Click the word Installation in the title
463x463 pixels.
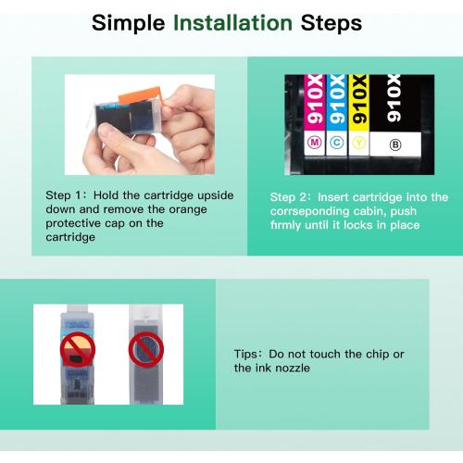[x=232, y=23]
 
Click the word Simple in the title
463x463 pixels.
[x=129, y=24]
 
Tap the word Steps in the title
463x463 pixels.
[x=332, y=24]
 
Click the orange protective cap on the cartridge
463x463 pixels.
[x=141, y=95]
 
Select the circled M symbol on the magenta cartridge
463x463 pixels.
[x=315, y=143]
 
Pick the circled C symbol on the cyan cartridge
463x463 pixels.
[x=336, y=143]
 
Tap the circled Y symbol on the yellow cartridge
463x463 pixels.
[x=358, y=143]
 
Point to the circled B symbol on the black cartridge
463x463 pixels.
[x=395, y=144]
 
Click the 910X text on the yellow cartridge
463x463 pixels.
[x=359, y=99]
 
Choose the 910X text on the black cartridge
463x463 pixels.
[x=394, y=98]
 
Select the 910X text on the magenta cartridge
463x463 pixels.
[x=315, y=99]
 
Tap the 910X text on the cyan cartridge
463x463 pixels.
[x=337, y=99]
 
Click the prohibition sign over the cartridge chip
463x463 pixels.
[x=78, y=349]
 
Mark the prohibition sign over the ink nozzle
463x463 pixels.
[x=146, y=349]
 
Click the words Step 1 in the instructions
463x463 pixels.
[x=63, y=195]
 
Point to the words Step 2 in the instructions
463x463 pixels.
[x=288, y=197]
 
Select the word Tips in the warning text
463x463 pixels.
[x=245, y=354]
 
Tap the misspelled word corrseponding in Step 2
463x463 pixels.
[x=309, y=212]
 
